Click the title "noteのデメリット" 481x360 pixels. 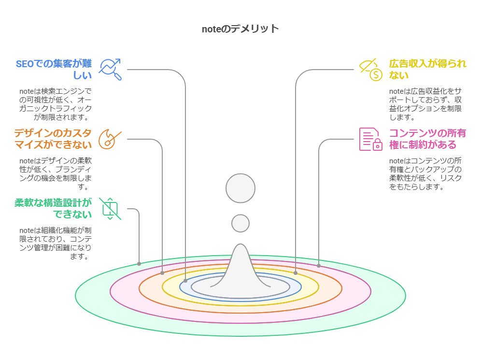click(x=240, y=29)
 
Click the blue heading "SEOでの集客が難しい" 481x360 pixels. click(x=54, y=70)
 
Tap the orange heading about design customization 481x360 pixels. click(x=53, y=139)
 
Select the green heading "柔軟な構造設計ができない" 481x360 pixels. click(x=53, y=208)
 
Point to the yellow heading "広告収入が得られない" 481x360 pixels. click(x=427, y=70)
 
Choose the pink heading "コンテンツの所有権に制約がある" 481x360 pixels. click(x=427, y=139)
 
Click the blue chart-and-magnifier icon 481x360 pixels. click(x=110, y=70)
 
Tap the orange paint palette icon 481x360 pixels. click(x=110, y=139)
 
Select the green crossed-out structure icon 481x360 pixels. click(x=110, y=209)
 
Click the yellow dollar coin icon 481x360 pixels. click(x=376, y=74)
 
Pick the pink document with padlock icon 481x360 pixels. click(x=370, y=139)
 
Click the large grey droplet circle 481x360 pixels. click(x=240, y=188)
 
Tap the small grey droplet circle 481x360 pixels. click(x=240, y=223)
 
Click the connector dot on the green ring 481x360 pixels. click(x=139, y=264)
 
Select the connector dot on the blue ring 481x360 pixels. click(x=185, y=281)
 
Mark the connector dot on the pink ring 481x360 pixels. click(x=319, y=266)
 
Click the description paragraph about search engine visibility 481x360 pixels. click(x=55, y=104)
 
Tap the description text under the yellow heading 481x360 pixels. click(x=425, y=104)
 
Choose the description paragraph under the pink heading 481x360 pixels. click(x=425, y=173)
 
